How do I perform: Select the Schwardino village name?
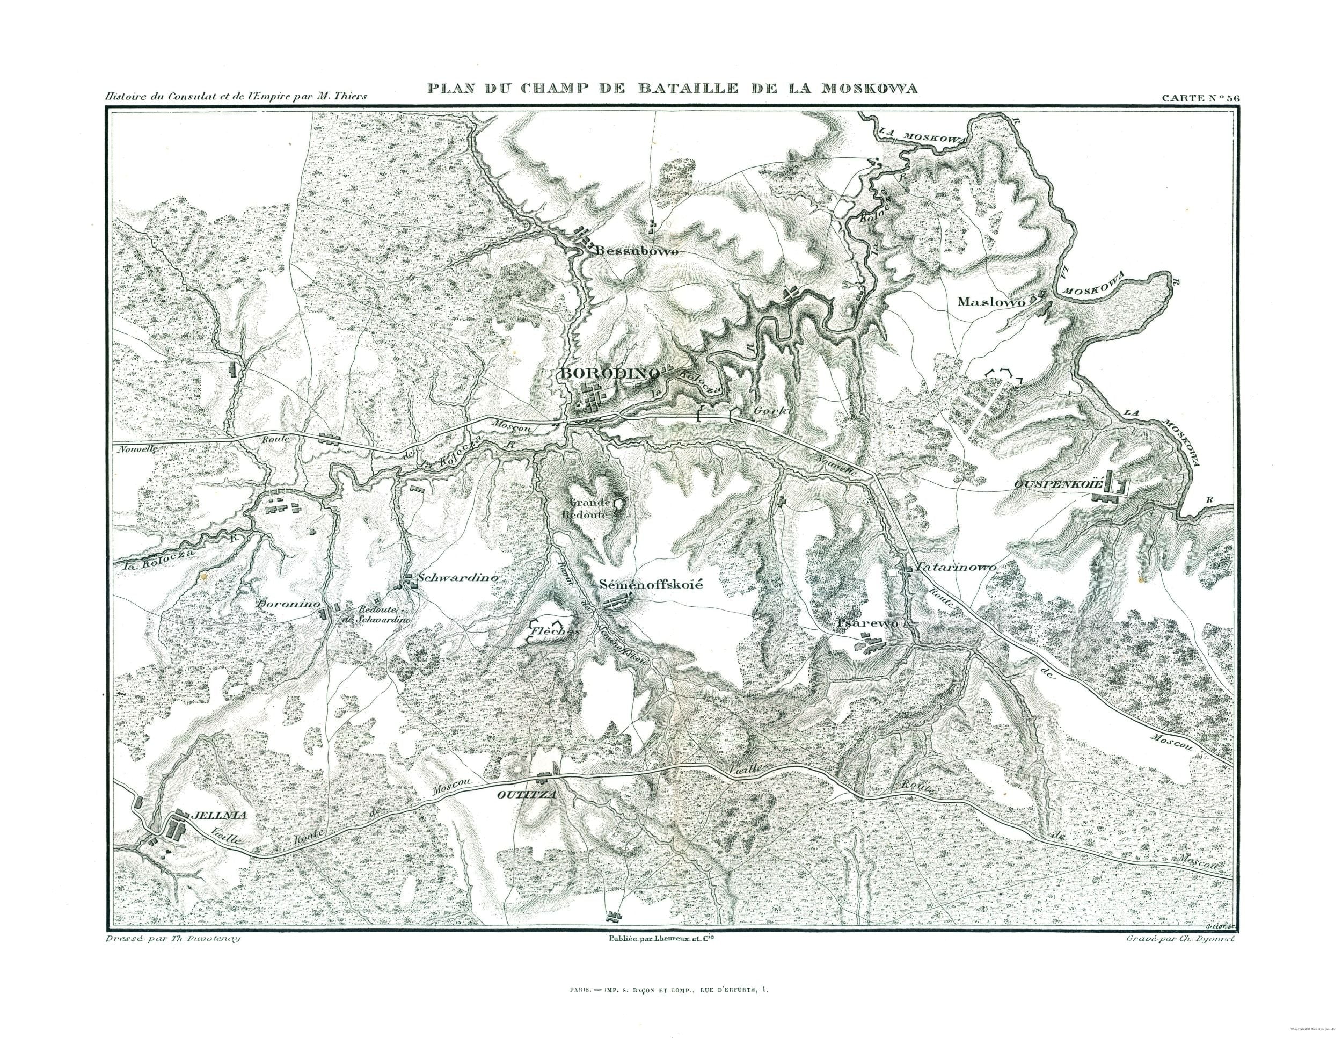coord(456,578)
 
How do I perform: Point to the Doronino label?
coord(289,604)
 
